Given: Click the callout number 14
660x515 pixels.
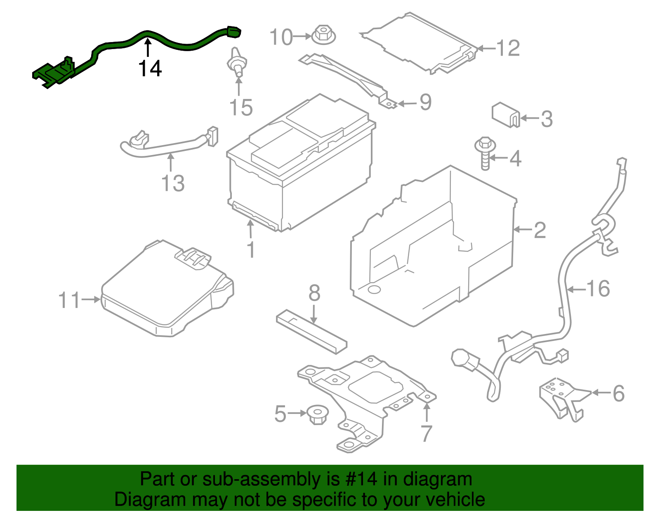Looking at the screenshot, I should pos(150,68).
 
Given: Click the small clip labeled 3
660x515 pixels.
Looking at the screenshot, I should pos(505,115).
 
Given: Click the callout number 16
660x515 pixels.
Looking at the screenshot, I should pos(598,289).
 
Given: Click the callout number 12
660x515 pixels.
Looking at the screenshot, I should pos(507,49).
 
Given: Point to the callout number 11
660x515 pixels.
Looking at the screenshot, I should pos(69,300).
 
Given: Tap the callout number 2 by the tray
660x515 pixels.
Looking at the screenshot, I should pos(539,230).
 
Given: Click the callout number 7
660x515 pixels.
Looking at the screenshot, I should pos(426,433).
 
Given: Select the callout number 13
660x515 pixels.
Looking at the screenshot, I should pos(173,183).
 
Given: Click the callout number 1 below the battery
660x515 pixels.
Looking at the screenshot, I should pos(250,250).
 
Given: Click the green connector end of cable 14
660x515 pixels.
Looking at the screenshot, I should pos(233,32).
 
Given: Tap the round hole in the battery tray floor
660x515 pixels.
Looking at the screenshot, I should pos(374,289).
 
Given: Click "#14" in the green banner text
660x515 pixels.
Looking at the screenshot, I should pos(358,480).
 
